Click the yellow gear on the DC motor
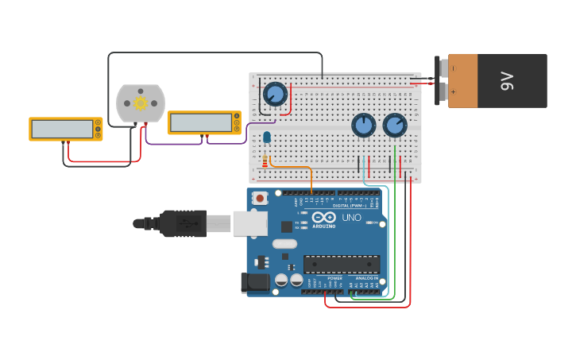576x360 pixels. click(x=141, y=103)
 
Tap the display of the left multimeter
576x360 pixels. click(x=61, y=129)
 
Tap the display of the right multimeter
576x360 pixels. click(x=199, y=122)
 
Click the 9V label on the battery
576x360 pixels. click(x=506, y=80)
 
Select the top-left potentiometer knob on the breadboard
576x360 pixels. click(x=275, y=94)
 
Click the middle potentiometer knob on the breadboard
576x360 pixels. click(x=363, y=125)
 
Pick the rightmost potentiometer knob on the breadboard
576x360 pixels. click(x=394, y=125)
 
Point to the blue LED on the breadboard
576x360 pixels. click(x=266, y=137)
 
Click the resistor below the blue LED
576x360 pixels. click(x=265, y=161)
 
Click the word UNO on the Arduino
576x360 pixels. click(x=351, y=217)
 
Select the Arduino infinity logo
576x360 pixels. click(x=323, y=217)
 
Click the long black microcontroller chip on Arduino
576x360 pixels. click(x=341, y=264)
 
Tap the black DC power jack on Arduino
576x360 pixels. click(x=254, y=281)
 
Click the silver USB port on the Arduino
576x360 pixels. click(x=249, y=223)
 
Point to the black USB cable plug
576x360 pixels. click(x=184, y=223)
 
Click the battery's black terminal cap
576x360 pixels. click(x=441, y=80)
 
